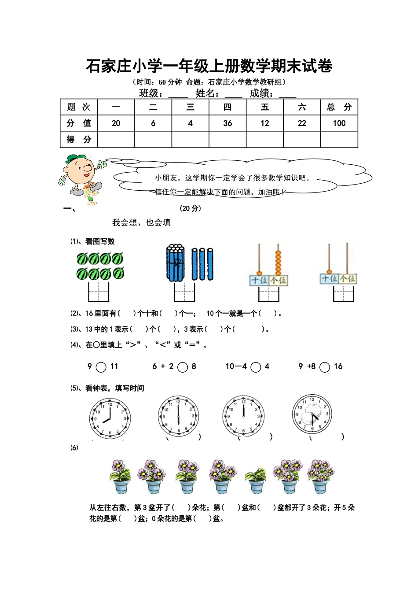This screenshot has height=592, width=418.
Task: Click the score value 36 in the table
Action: pyautogui.click(x=227, y=123)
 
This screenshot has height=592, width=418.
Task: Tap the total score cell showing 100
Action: pyautogui.click(x=339, y=123)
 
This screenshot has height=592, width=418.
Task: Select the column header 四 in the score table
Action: pyautogui.click(x=227, y=107)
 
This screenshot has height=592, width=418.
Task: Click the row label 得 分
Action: pyautogui.click(x=79, y=140)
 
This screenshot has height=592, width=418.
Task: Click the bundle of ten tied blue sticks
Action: pyautogui.click(x=176, y=263)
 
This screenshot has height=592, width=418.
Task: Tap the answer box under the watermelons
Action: pyautogui.click(x=99, y=292)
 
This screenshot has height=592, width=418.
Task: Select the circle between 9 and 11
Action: pyautogui.click(x=101, y=367)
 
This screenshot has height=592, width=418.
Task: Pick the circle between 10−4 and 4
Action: pyautogui.click(x=256, y=367)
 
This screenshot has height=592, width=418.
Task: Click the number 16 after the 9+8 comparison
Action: pyautogui.click(x=338, y=366)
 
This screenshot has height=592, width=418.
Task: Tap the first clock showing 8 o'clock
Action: pyautogui.click(x=110, y=418)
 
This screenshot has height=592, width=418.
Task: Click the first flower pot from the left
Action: pyautogui.click(x=120, y=477)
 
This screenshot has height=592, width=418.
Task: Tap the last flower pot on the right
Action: pyautogui.click(x=320, y=477)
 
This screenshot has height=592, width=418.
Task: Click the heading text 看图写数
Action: pyautogui.click(x=100, y=241)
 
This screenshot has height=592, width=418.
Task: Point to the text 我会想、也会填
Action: pyautogui.click(x=141, y=222)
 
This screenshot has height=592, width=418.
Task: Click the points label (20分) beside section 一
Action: pyautogui.click(x=191, y=208)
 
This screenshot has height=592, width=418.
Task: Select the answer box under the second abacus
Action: pyautogui.click(x=344, y=293)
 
